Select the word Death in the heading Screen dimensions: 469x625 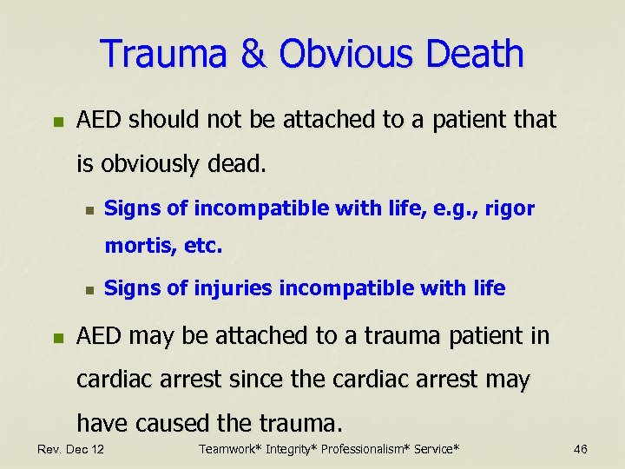click(x=477, y=54)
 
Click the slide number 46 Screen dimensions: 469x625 click(x=580, y=449)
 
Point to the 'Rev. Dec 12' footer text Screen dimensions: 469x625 click(x=70, y=449)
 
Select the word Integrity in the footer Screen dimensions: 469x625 click(x=293, y=449)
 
